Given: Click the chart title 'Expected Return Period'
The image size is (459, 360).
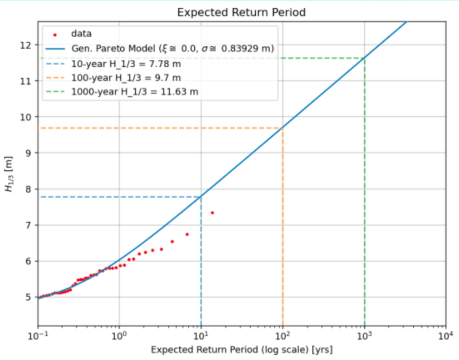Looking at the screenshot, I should tap(241, 12).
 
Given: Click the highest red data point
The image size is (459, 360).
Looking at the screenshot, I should tap(212, 213).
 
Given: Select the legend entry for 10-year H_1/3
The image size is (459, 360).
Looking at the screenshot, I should tap(126, 64).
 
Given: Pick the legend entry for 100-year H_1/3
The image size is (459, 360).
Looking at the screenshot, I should tap(126, 78).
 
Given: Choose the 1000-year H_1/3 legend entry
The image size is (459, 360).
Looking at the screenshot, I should tap(135, 91).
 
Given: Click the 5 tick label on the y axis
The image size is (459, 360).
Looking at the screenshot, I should tap(28, 297).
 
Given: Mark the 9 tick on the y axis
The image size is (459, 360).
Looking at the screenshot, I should tap(28, 153).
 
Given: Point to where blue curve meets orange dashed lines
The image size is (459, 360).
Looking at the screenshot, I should tap(283, 128).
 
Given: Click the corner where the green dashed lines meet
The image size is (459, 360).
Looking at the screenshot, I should tap(364, 58).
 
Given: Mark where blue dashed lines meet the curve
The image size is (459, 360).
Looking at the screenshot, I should tap(201, 197).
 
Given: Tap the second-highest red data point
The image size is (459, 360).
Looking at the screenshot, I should tap(187, 234).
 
